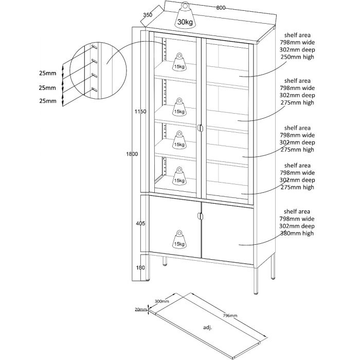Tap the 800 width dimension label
pyautogui.click(x=221, y=8)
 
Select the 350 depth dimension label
pyautogui.click(x=148, y=15)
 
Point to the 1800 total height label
pyautogui.click(x=132, y=154)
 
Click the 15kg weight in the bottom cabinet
pyautogui.click(x=179, y=239)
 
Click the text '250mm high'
pyautogui.click(x=297, y=58)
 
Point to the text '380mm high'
pyautogui.click(x=297, y=233)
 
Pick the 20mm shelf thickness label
pyautogui.click(x=139, y=309)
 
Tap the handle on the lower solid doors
pyautogui.click(x=200, y=217)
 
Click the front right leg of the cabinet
pyautogui.click(x=256, y=280)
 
